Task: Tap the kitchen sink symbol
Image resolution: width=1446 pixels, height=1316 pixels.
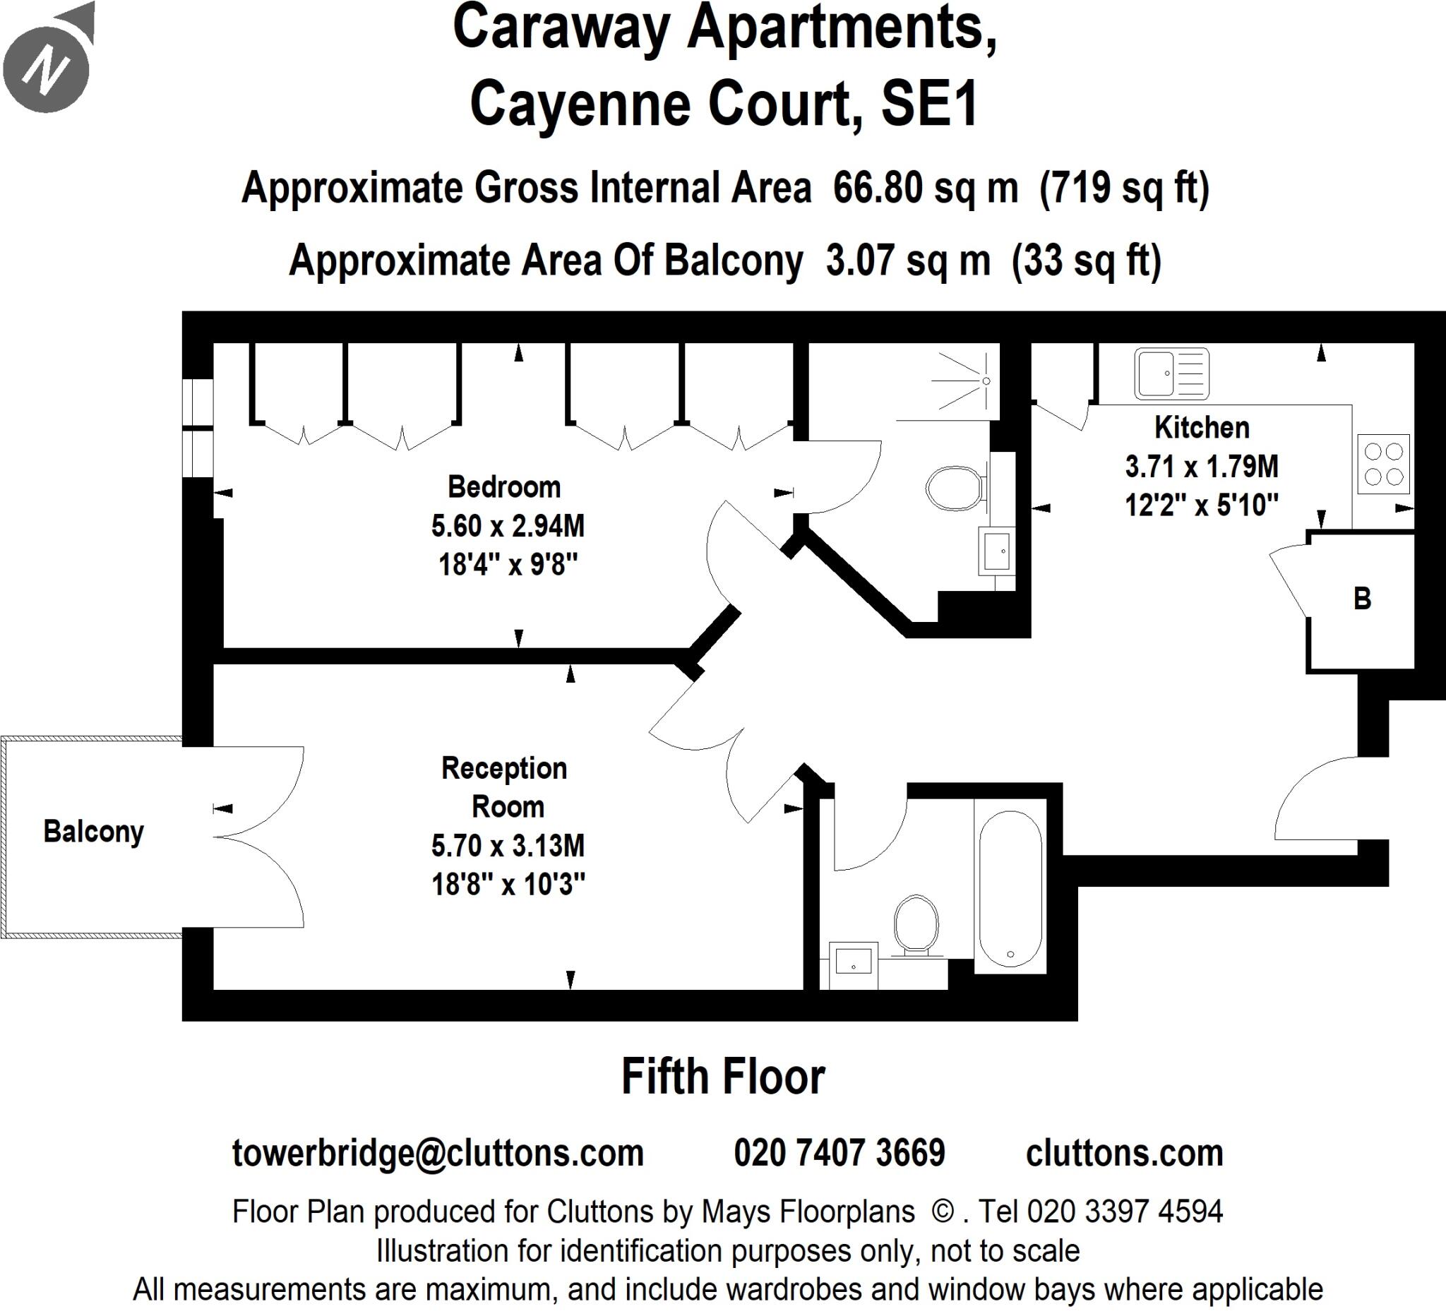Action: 1171,373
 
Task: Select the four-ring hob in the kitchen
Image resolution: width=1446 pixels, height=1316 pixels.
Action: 1384,464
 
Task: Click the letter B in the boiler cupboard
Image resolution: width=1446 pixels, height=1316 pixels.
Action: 1362,599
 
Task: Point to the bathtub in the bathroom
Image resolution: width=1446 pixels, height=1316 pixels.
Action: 1010,889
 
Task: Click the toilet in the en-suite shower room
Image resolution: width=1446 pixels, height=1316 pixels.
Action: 954,489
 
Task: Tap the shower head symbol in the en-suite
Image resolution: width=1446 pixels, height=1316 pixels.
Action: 986,381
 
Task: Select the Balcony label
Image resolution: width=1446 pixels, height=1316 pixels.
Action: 93,832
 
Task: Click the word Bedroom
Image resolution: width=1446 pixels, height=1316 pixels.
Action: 504,487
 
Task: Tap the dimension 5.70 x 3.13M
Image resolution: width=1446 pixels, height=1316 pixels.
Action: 508,846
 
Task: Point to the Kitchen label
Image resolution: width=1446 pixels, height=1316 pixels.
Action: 1202,427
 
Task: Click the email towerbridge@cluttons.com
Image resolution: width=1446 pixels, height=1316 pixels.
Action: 438,1153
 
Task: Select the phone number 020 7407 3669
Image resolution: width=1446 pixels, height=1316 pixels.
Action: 839,1153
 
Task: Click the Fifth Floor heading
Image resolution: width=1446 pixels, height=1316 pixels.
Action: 723,1077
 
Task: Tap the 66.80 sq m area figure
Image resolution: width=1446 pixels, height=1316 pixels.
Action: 925,188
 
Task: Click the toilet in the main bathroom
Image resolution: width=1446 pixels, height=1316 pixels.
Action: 916,926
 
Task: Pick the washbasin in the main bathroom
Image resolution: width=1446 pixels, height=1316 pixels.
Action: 854,964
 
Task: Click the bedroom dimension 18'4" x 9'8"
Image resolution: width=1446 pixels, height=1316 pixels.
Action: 508,565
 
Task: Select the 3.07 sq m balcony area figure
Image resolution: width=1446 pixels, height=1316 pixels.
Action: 908,261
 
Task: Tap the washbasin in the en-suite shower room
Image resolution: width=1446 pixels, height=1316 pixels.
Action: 996,551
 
